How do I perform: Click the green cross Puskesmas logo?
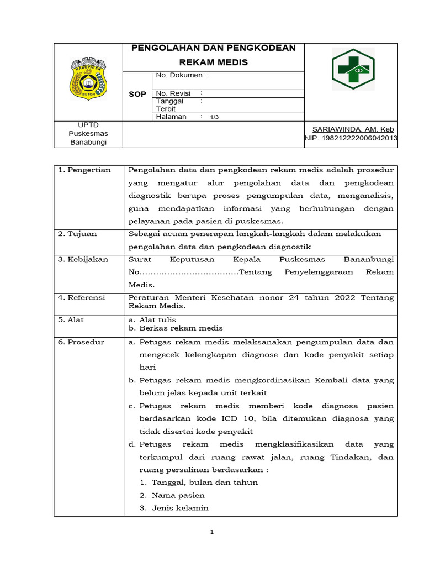[352, 69]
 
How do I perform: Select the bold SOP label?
[137, 95]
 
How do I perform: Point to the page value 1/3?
[215, 117]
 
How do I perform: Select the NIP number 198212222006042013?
[351, 138]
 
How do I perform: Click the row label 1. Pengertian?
[84, 170]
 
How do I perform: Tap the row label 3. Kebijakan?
[83, 259]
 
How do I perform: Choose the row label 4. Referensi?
[82, 298]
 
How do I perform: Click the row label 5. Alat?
[71, 320]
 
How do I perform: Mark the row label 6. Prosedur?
[81, 342]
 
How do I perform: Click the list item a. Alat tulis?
[152, 320]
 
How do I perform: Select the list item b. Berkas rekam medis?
[168, 328]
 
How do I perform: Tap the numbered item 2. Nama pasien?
[172, 495]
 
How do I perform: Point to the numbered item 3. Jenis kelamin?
[174, 508]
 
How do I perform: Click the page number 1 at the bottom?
[211, 532]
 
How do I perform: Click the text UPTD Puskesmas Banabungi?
[88, 134]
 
